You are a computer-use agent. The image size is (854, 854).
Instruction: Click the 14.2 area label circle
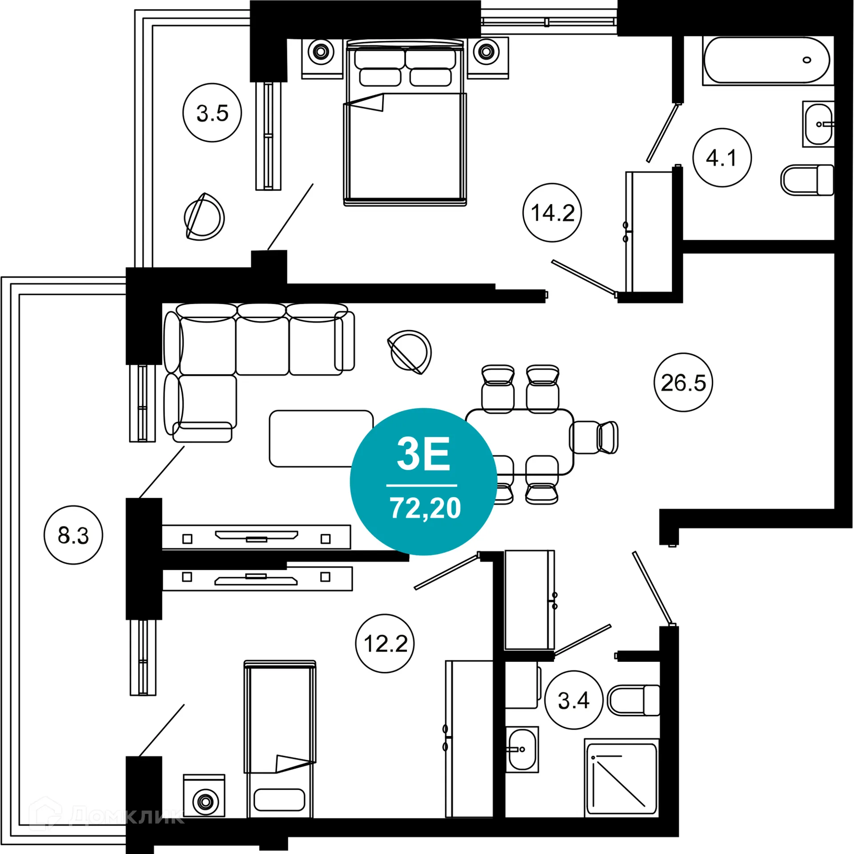click(x=552, y=213)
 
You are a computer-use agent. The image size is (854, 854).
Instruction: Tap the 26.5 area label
click(x=683, y=383)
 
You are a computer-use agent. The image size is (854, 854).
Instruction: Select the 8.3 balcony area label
click(x=73, y=535)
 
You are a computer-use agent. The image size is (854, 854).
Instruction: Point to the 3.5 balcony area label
click(x=212, y=113)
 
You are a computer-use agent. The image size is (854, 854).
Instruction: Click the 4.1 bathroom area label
click(x=722, y=158)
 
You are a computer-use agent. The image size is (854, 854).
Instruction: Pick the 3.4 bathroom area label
click(x=574, y=701)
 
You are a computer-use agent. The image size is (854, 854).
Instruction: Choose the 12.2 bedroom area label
click(x=385, y=644)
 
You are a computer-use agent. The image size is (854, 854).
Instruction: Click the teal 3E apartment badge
click(x=423, y=481)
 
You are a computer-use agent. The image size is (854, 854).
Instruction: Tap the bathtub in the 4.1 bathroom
click(x=766, y=60)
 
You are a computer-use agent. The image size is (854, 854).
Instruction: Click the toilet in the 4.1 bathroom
click(x=807, y=180)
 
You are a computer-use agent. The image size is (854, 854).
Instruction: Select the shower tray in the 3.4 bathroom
click(x=621, y=778)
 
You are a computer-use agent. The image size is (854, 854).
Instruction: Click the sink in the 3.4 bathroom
click(x=522, y=749)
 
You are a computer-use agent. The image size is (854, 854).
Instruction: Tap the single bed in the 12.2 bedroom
click(x=280, y=738)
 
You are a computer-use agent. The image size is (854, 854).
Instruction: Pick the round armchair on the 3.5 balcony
click(x=204, y=217)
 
